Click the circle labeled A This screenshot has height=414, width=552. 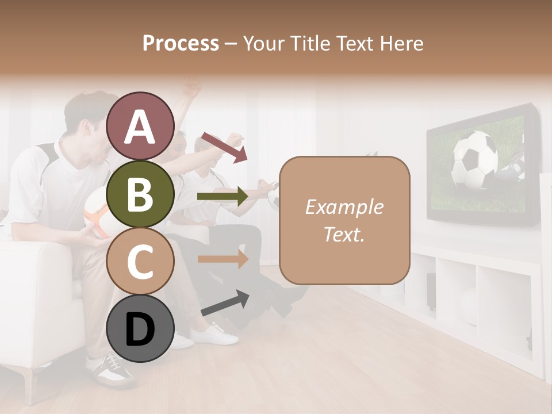pyautogui.click(x=140, y=126)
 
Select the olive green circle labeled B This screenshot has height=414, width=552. pyautogui.click(x=140, y=194)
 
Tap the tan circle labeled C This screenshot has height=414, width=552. pyautogui.click(x=140, y=262)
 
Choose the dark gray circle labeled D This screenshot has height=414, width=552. pyautogui.click(x=140, y=328)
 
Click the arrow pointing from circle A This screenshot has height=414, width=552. pyautogui.click(x=224, y=147)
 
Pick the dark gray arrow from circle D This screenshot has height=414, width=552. pyautogui.click(x=225, y=303)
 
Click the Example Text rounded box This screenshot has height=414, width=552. pyautogui.click(x=344, y=220)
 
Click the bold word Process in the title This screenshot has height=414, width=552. pyautogui.click(x=181, y=43)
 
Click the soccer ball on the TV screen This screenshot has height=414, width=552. pyautogui.click(x=475, y=160)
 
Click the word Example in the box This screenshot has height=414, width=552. pyautogui.click(x=344, y=207)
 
